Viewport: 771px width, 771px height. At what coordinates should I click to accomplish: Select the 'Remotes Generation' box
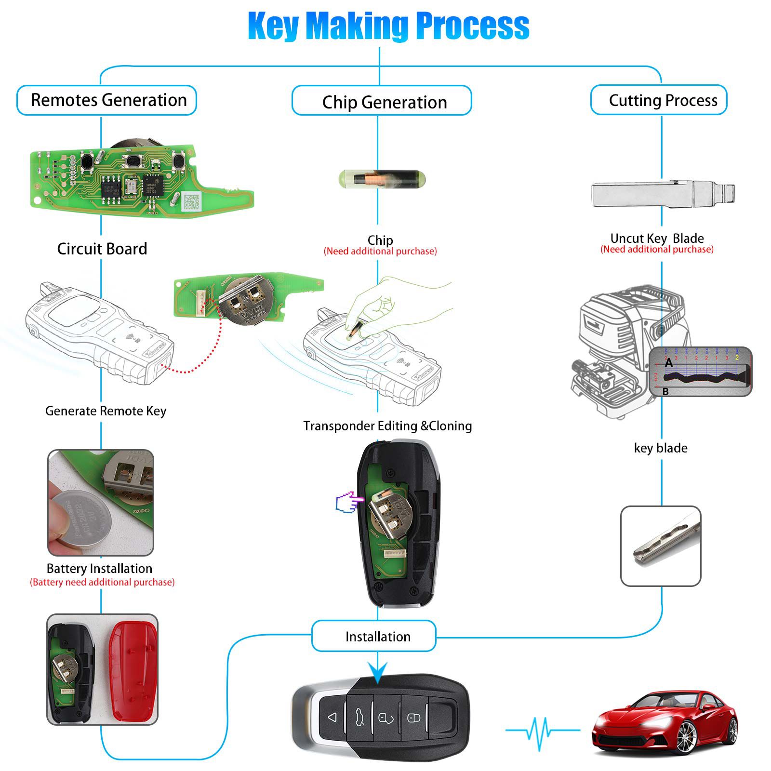pyautogui.click(x=107, y=100)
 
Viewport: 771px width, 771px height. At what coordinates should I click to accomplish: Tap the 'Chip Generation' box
pyautogui.click(x=382, y=102)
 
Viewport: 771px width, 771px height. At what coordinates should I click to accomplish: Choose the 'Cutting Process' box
pyautogui.click(x=659, y=100)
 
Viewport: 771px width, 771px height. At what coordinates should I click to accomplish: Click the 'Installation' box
pyautogui.click(x=374, y=637)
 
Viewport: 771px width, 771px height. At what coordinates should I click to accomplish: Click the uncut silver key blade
pyautogui.click(x=663, y=194)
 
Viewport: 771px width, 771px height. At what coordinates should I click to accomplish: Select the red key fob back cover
pyautogui.click(x=133, y=670)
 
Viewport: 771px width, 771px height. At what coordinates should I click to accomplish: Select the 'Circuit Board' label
pyautogui.click(x=102, y=249)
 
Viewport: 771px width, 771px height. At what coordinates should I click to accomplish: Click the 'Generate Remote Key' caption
pyautogui.click(x=106, y=411)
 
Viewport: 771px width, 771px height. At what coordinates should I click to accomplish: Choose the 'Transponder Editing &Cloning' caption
pyautogui.click(x=387, y=426)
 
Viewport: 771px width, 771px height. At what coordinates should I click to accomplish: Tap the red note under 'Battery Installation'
pyautogui.click(x=102, y=582)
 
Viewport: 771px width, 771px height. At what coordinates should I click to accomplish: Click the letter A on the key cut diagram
pyautogui.click(x=668, y=362)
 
